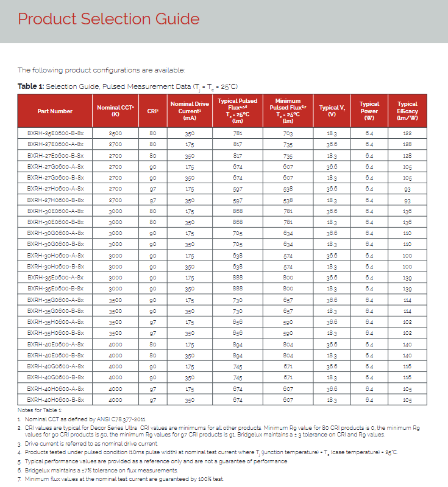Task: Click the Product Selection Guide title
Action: pos(108,19)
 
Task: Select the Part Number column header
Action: pos(55,111)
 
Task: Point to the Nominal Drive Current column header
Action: pos(190,111)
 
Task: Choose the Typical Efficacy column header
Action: pos(407,111)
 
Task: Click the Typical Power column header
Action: pos(369,111)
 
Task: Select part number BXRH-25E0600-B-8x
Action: pos(55,133)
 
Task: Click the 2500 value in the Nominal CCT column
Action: pos(115,133)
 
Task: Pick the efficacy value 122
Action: pos(407,133)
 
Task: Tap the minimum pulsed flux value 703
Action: pos(288,133)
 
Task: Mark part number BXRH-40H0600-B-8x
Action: pos(55,400)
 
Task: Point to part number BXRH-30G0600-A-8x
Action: pos(55,233)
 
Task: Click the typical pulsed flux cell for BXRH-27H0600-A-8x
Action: pos(238,189)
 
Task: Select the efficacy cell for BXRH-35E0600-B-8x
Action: pos(407,289)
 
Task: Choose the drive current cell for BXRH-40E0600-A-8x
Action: pos(190,345)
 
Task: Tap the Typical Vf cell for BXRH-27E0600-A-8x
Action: pos(332,144)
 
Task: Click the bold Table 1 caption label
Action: pos(30,86)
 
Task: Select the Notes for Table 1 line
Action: pos(40,410)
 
